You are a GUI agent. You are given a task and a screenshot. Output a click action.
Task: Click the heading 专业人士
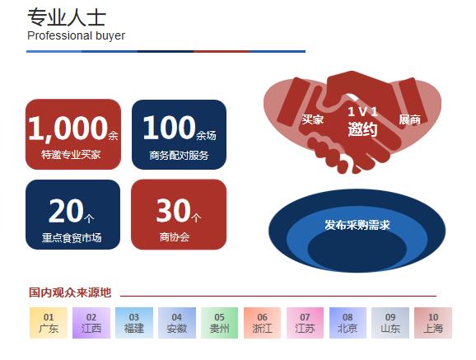67,17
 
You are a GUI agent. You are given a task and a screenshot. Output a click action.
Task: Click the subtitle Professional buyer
76,36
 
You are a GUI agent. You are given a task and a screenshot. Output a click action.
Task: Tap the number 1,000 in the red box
68,129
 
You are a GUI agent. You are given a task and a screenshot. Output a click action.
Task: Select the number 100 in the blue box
169,128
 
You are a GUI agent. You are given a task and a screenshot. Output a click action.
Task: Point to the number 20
66,211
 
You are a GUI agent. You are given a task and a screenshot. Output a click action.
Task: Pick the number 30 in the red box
173,211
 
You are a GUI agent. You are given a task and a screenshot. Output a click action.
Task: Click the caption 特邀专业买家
71,155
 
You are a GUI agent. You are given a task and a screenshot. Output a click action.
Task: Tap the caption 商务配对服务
179,155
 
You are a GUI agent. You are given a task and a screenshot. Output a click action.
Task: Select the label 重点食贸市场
72,237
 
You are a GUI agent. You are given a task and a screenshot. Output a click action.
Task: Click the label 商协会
175,237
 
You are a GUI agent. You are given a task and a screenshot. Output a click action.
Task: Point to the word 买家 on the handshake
312,119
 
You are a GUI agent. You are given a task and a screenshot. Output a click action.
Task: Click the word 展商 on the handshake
409,119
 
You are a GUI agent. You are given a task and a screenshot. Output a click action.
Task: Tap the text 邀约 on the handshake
362,129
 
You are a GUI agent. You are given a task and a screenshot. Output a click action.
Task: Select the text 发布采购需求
357,225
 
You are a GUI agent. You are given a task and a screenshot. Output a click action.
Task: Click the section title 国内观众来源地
70,292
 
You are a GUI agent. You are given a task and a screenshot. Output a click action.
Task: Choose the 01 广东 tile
49,323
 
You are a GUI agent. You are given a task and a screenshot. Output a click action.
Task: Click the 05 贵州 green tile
220,323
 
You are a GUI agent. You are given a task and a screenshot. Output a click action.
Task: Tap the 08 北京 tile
348,323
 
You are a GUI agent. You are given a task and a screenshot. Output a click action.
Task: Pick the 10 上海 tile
433,323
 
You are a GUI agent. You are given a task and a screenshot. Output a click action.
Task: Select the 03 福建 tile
134,323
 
